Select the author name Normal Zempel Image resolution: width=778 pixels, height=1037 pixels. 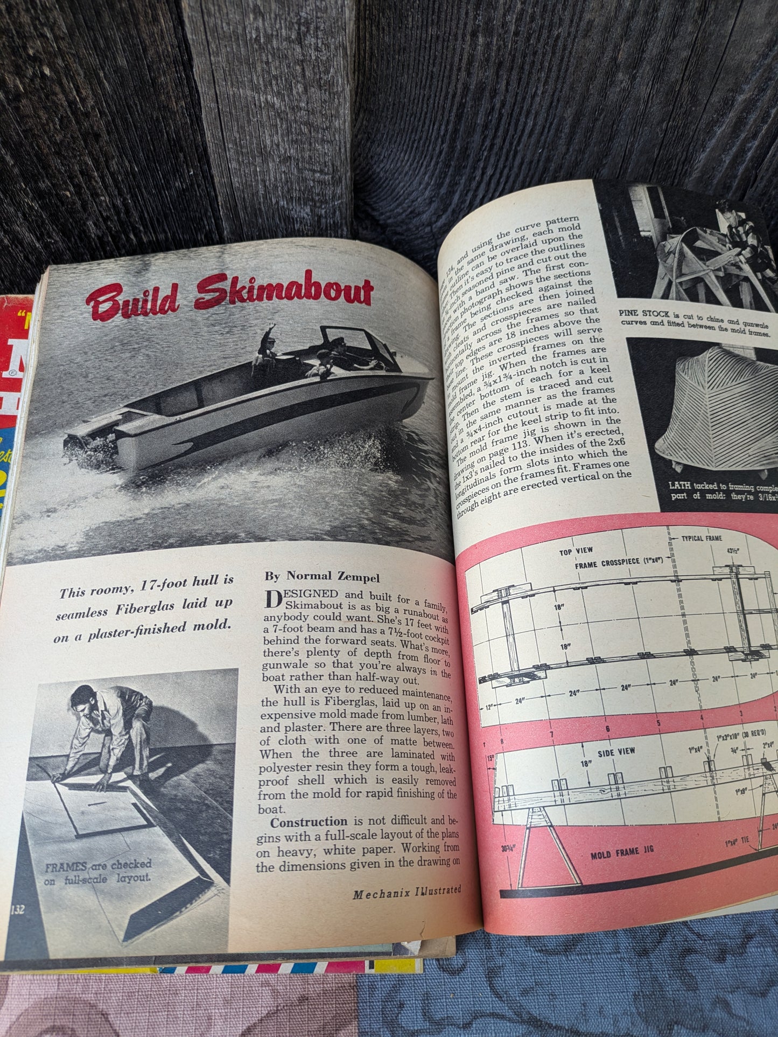coord(322,578)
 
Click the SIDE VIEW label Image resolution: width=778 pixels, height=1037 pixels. coord(616,751)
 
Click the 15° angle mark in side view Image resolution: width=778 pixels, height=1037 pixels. coord(491,761)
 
